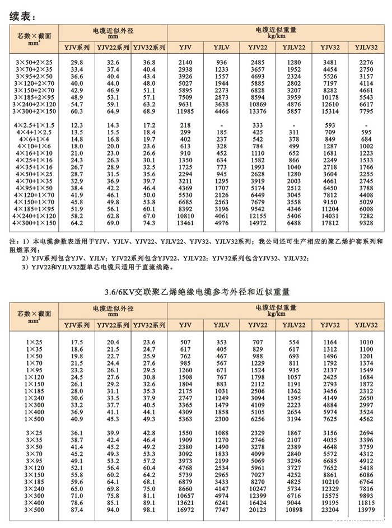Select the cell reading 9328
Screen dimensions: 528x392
pos(366,223)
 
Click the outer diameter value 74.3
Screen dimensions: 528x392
pos(149,223)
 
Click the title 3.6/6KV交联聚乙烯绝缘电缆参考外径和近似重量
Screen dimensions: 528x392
pos(197,292)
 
